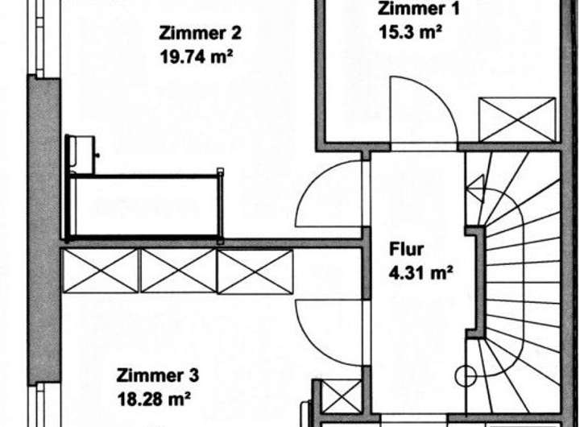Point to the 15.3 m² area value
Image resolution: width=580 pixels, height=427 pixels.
(x=409, y=33)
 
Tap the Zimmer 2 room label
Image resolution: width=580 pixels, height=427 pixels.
(x=200, y=34)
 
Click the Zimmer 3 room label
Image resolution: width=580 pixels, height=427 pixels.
(x=157, y=375)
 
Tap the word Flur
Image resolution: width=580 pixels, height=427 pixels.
(x=407, y=249)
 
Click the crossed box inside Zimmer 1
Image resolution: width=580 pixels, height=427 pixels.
(x=517, y=119)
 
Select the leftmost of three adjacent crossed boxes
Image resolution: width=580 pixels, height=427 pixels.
(x=100, y=271)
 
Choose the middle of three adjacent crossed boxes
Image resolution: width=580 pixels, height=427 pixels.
(x=178, y=271)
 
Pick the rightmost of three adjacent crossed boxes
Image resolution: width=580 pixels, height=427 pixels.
(x=255, y=271)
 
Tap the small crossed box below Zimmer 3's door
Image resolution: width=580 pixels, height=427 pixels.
(x=342, y=397)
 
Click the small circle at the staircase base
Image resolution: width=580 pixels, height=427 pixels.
(x=466, y=375)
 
